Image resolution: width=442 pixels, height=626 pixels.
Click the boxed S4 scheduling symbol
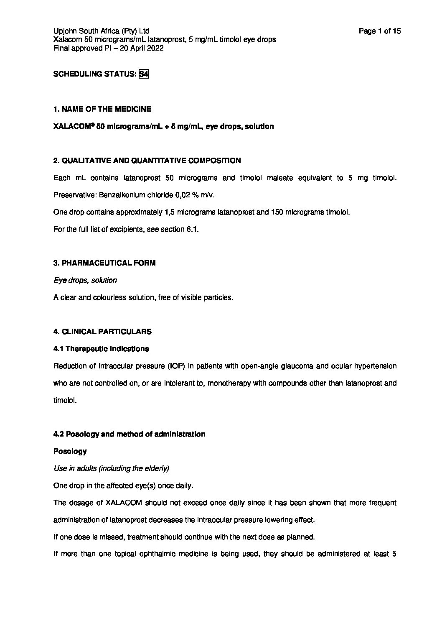click(x=144, y=74)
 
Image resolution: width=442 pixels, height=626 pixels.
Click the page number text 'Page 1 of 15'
click(x=380, y=31)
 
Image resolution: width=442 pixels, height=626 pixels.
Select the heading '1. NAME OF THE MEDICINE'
click(x=102, y=109)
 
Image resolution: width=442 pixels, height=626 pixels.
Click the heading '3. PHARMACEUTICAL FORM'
click(x=104, y=263)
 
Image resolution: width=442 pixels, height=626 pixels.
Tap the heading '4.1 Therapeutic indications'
click(x=101, y=349)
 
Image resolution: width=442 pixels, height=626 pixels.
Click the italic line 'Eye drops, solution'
click(x=85, y=280)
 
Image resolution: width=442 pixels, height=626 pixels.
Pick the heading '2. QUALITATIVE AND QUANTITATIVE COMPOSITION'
click(x=147, y=161)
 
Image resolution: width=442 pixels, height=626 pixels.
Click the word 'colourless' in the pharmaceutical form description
click(x=105, y=297)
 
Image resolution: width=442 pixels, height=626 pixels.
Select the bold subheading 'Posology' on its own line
click(x=70, y=451)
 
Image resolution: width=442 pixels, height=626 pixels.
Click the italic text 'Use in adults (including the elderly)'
click(x=111, y=468)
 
